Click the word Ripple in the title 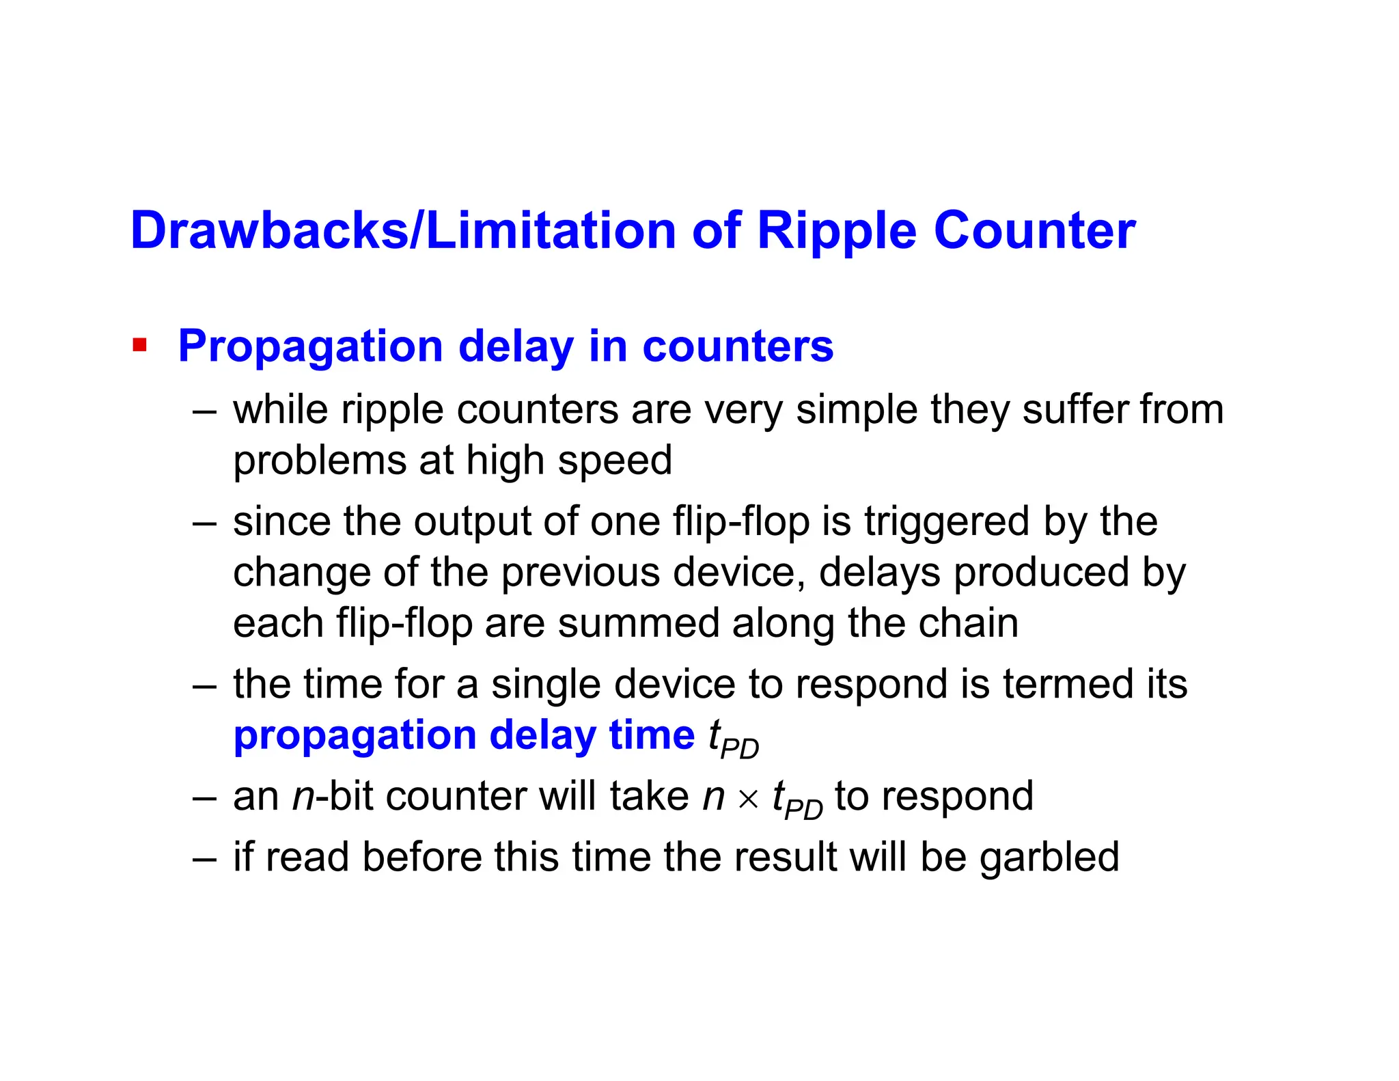pos(836,231)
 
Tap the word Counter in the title pos(1034,231)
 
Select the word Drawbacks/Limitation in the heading pos(403,231)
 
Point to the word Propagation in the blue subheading pos(311,347)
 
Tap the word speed pos(615,461)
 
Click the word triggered pos(947,521)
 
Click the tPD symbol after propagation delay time pos(733,739)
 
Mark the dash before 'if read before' pos(204,858)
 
